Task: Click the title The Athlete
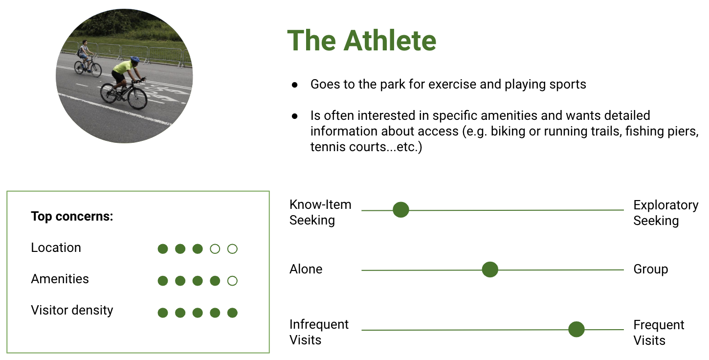(x=361, y=41)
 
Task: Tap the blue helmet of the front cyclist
(x=135, y=60)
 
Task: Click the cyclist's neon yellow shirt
(x=123, y=67)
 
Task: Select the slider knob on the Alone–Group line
(x=490, y=270)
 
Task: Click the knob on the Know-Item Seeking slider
(x=401, y=210)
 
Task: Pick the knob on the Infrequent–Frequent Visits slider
(x=576, y=329)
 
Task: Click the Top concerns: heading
(x=72, y=217)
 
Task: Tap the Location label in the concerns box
(x=56, y=247)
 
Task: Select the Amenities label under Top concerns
(x=60, y=279)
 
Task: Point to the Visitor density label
(x=72, y=310)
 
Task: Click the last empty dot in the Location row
(x=232, y=249)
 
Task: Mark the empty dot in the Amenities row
(x=232, y=281)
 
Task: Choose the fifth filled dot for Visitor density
(x=232, y=313)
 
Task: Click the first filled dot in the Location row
(x=163, y=249)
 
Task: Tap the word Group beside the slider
(x=651, y=270)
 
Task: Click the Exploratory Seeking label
(x=666, y=213)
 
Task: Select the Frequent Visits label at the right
(x=659, y=333)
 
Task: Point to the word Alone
(x=306, y=269)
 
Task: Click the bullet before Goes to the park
(x=295, y=85)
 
